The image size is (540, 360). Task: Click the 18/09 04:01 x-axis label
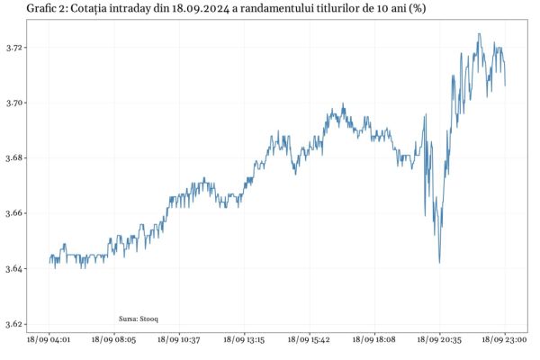click(49, 340)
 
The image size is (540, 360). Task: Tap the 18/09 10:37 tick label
click(179, 340)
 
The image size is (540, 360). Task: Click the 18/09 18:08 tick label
click(374, 340)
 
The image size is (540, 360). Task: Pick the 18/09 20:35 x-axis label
click(440, 340)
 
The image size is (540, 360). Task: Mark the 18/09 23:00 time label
click(505, 340)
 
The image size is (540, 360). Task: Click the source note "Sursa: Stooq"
click(139, 319)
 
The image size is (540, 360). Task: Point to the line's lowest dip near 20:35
click(439, 263)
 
